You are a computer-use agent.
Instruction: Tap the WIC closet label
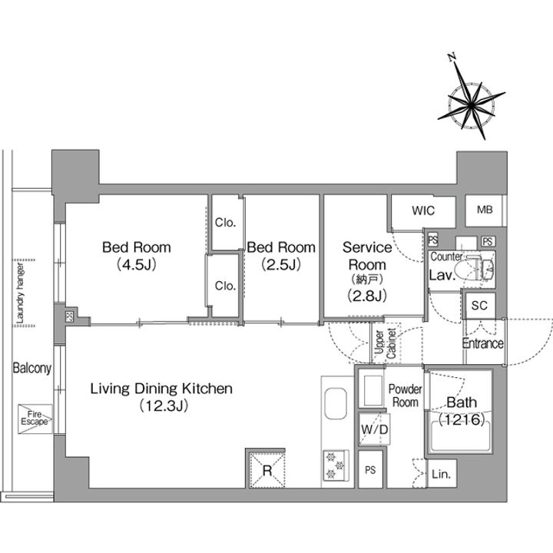pos(423,210)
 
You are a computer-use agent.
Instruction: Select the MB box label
pos(485,210)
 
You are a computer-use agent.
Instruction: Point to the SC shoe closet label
pos(479,305)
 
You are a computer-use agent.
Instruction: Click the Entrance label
pos(483,343)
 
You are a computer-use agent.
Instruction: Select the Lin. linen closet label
pos(441,475)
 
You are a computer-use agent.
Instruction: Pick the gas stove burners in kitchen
pos(335,466)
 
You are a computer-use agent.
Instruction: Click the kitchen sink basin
pos(336,403)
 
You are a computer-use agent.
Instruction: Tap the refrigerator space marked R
pos(267,470)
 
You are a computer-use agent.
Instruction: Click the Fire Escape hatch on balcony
pos(35,419)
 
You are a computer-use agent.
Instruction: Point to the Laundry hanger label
pos(20,293)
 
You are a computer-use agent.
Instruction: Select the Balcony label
pos(31,368)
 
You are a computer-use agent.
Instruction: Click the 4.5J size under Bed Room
pos(136,264)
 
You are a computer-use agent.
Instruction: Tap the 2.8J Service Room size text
pos(367,295)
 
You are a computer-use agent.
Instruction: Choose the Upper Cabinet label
pos(386,343)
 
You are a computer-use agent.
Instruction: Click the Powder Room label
pos(406,396)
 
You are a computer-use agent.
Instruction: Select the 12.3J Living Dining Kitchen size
pos(164,406)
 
